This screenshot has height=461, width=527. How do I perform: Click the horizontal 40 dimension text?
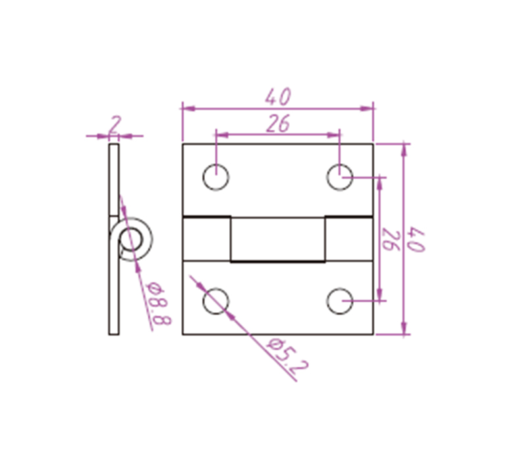[278, 97]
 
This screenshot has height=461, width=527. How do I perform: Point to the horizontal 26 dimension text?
[278, 123]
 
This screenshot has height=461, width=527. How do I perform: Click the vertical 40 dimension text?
[416, 239]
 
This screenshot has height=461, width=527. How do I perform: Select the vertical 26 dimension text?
[390, 240]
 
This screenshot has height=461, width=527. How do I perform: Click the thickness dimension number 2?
[114, 125]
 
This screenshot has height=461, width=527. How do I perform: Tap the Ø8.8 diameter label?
[158, 303]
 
